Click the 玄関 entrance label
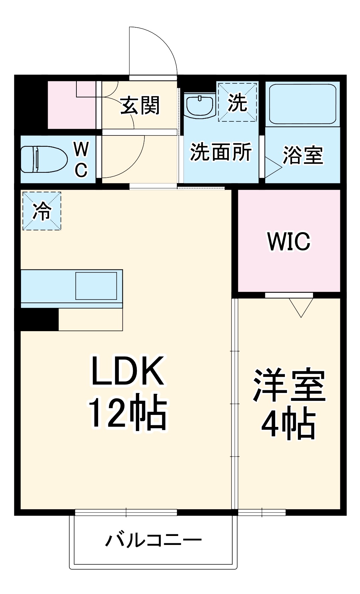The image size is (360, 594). (x=140, y=105)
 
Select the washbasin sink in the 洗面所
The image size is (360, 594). (x=200, y=105)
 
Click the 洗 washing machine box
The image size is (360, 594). (x=238, y=102)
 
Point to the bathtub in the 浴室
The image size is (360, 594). (x=302, y=104)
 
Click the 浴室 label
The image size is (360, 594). (x=303, y=155)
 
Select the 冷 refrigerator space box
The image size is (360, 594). (x=42, y=211)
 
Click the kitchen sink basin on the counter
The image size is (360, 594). (x=96, y=286)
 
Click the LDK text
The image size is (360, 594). (x=128, y=371)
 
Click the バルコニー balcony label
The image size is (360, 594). (x=153, y=540)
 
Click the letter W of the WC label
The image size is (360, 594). (x=81, y=149)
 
